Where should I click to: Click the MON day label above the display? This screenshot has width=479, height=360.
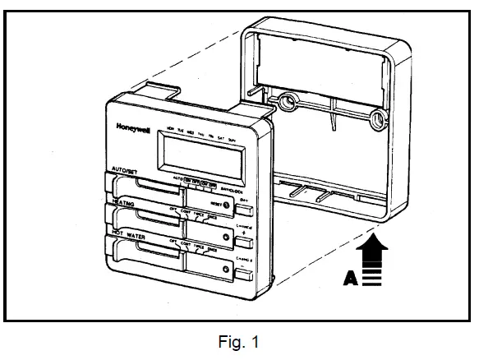pyautogui.click(x=169, y=130)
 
